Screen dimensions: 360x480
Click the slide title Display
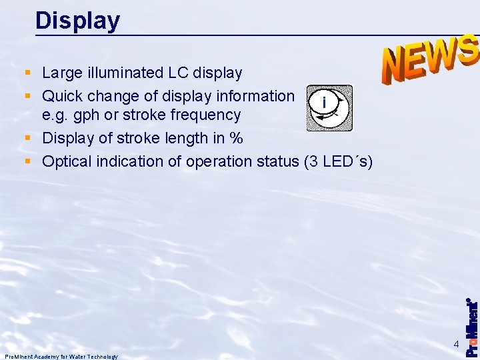coord(77,21)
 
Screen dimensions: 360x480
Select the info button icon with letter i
coord(329,107)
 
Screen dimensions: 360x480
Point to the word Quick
coord(63,96)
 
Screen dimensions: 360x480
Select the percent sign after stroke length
coord(236,139)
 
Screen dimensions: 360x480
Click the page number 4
coord(456,344)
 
